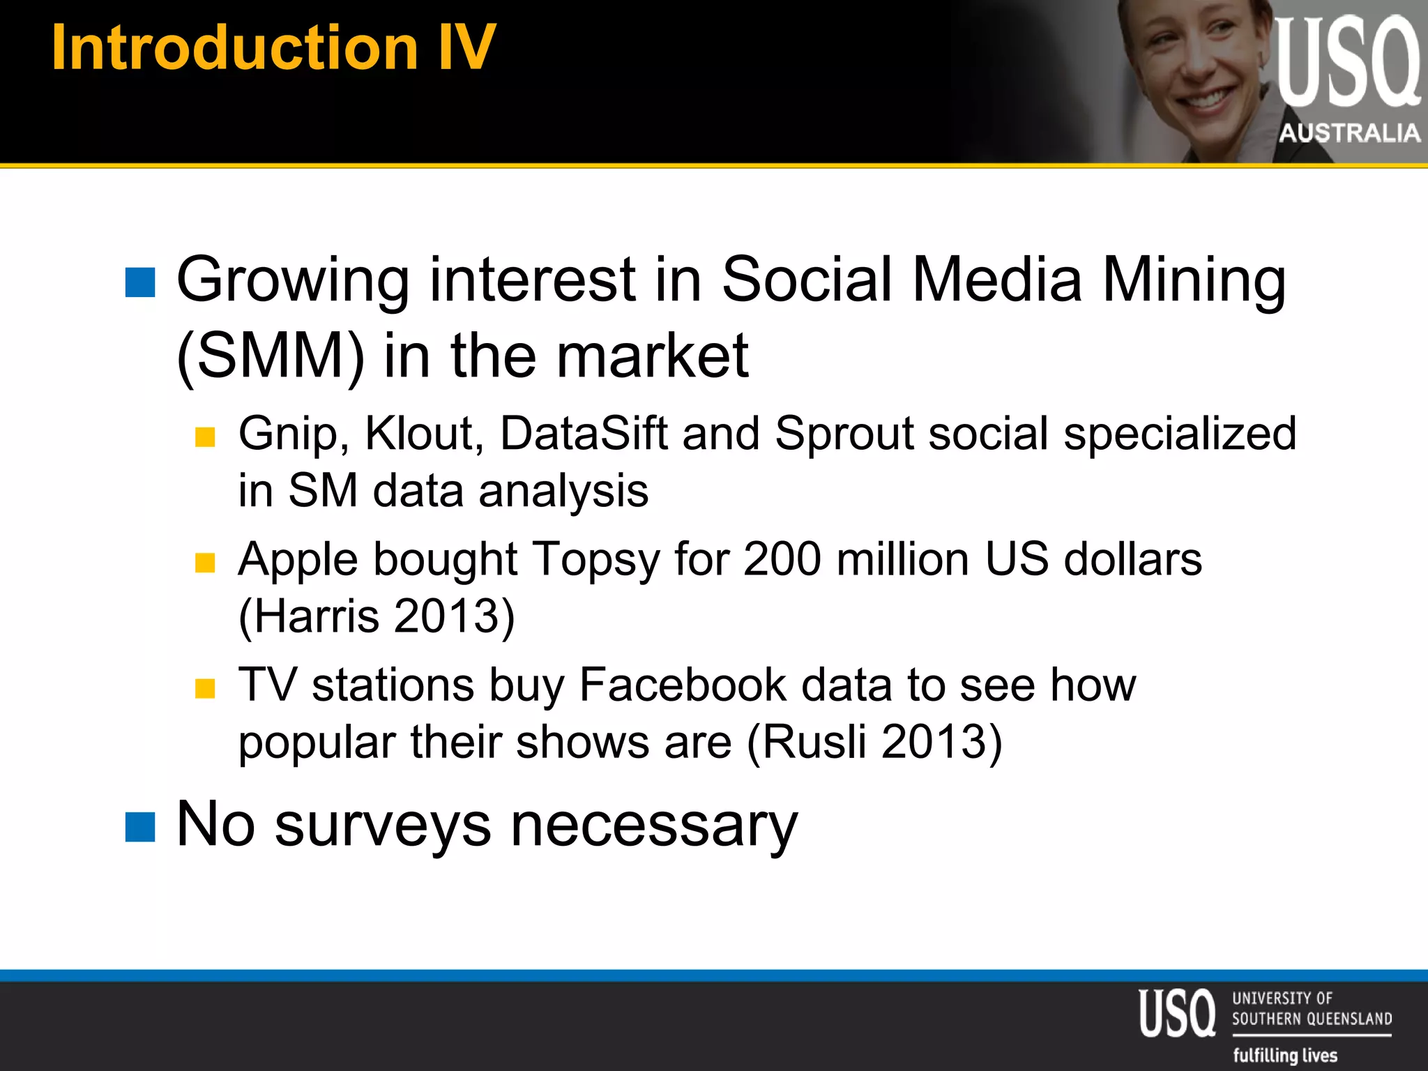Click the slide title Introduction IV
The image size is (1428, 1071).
(x=273, y=47)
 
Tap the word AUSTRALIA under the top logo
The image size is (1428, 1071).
(x=1349, y=132)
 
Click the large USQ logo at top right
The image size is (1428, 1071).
(x=1347, y=63)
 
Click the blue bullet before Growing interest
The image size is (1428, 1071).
(x=140, y=282)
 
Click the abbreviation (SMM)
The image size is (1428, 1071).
(x=271, y=356)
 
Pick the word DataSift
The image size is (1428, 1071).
(x=584, y=434)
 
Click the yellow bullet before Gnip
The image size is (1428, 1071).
(x=205, y=437)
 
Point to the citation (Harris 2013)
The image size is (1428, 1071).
(x=377, y=616)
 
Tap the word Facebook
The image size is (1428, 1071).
(x=683, y=685)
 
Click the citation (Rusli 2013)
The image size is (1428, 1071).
(x=874, y=742)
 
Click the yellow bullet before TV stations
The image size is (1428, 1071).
(x=205, y=688)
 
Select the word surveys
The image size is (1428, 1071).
(x=383, y=826)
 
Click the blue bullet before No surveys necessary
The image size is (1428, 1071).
(x=140, y=828)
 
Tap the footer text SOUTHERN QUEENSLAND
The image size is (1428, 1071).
(x=1312, y=1019)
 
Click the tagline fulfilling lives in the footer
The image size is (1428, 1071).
(x=1285, y=1055)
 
